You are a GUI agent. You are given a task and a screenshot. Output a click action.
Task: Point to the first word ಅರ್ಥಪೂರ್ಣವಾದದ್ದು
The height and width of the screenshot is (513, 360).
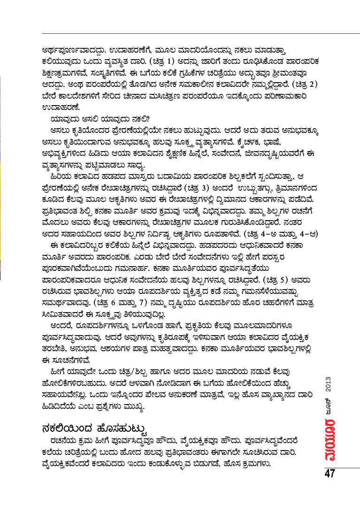[69, 49]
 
